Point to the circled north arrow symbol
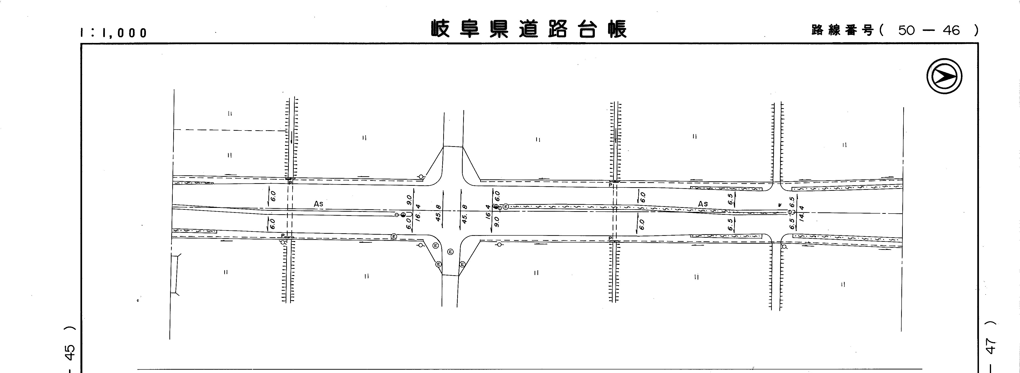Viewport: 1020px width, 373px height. tap(944, 76)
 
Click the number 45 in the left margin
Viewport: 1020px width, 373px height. tap(70, 352)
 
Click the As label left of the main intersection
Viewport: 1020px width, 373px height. tap(318, 204)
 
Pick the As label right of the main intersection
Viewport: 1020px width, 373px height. tap(703, 204)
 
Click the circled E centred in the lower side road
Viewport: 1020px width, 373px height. tap(450, 252)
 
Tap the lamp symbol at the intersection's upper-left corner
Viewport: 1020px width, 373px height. tap(421, 177)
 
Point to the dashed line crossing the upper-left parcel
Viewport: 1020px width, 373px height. tap(230, 130)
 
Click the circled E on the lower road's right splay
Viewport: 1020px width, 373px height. tap(462, 264)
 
